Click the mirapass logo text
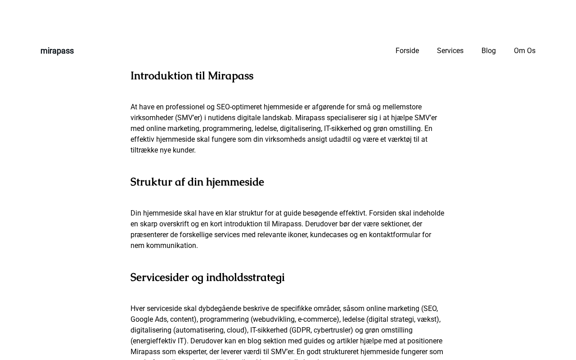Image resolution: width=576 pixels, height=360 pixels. click(57, 51)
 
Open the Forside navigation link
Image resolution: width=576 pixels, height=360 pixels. click(407, 51)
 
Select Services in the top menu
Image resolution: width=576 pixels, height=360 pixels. click(450, 51)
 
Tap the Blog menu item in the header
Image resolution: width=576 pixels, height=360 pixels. click(489, 51)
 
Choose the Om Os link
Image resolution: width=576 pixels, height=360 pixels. click(525, 51)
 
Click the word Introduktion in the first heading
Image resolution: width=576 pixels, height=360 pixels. click(162, 76)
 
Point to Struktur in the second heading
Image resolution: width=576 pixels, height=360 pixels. click(151, 182)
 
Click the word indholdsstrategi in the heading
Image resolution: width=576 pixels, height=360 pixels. click(245, 278)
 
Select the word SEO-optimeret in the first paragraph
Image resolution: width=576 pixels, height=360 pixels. click(239, 107)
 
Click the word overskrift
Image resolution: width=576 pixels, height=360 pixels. click(171, 224)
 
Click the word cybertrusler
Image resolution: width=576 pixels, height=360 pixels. click(333, 330)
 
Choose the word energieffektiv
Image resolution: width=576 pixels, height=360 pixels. click(154, 341)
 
